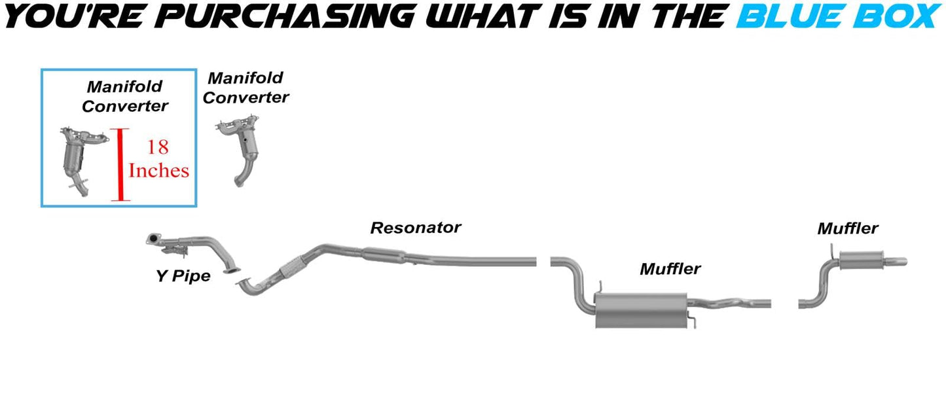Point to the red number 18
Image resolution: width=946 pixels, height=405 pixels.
click(158, 147)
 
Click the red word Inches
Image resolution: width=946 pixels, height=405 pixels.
click(159, 171)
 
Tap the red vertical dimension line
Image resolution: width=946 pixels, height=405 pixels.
click(120, 164)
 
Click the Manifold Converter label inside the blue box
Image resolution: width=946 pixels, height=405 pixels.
click(124, 96)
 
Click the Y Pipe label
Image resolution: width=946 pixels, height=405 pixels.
click(183, 276)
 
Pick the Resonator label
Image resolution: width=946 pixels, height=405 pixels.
click(415, 228)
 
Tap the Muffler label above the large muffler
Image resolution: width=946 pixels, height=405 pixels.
click(670, 269)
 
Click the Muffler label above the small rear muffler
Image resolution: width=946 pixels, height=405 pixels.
click(847, 229)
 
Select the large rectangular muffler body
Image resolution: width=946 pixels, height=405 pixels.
click(640, 309)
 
